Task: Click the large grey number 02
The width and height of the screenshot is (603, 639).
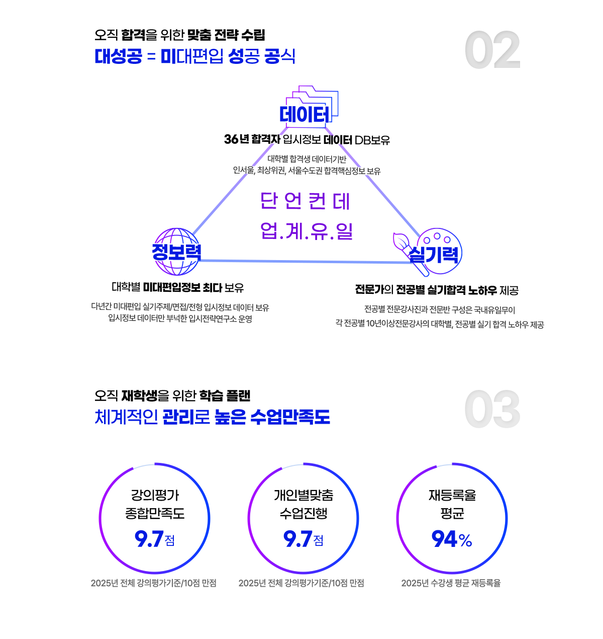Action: [x=492, y=50]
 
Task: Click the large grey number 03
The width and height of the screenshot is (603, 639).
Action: [x=492, y=409]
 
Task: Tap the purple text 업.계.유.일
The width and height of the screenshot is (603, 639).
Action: [x=307, y=231]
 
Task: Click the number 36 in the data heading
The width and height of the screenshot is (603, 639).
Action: [x=231, y=139]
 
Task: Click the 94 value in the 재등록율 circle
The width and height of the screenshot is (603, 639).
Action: [x=444, y=539]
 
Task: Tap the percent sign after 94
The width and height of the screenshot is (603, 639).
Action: [x=465, y=540]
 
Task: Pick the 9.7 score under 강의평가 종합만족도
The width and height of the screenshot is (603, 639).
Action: [x=149, y=539]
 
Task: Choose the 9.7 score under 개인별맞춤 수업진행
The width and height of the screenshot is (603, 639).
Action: [x=297, y=539]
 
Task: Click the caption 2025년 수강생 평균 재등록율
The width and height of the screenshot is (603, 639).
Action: [x=451, y=583]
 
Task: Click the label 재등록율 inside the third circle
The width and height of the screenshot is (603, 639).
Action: [x=452, y=495]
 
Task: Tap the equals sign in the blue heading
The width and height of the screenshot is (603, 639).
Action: [x=151, y=57]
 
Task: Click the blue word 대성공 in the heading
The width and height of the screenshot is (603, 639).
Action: [x=118, y=56]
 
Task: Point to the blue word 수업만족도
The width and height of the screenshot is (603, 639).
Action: [x=290, y=417]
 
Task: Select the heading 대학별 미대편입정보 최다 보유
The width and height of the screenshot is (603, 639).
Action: [x=177, y=287]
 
